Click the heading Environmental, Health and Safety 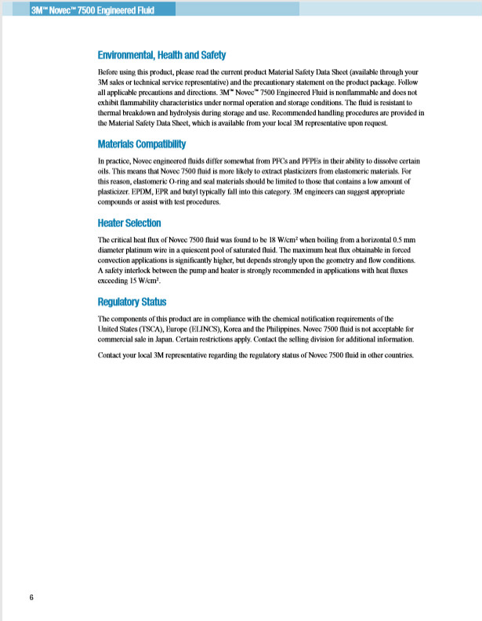click(161, 55)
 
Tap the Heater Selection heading click(129, 223)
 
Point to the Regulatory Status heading click(132, 302)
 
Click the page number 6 click(31, 598)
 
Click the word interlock click(144, 270)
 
